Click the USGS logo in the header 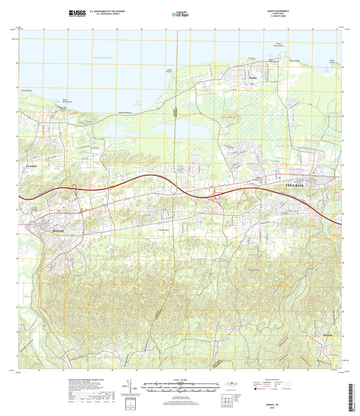tap(76, 13)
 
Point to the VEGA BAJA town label tap(290, 183)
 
